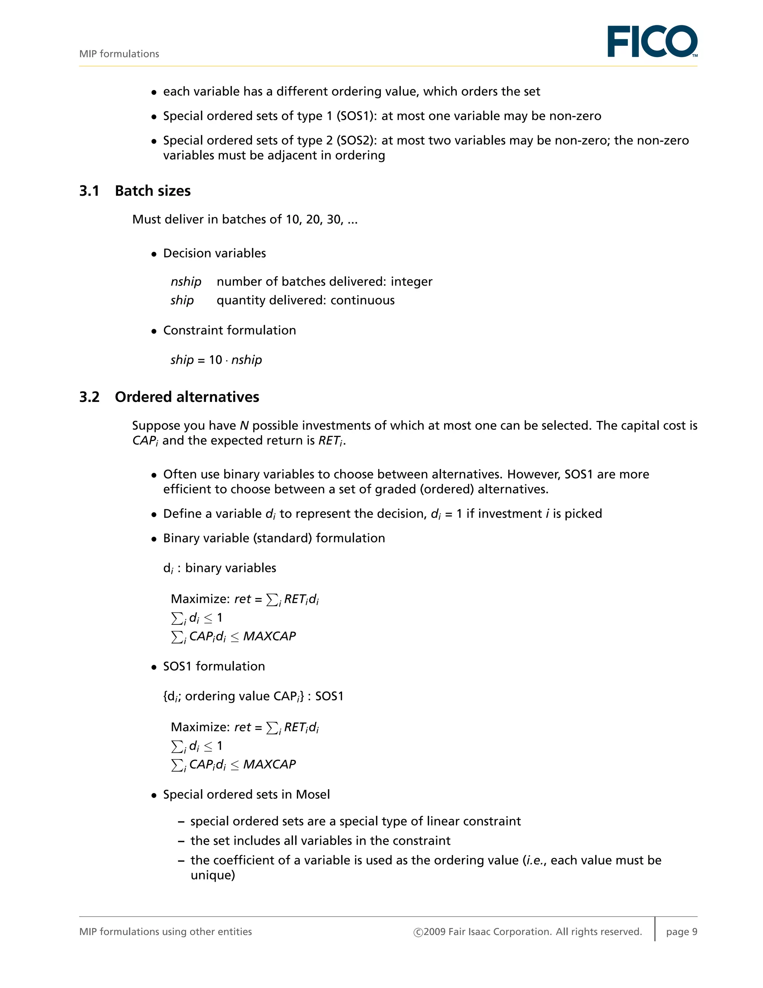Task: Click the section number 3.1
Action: click(x=89, y=191)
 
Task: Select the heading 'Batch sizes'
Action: click(x=153, y=191)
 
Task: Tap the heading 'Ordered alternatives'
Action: click(x=187, y=397)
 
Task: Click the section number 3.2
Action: click(x=89, y=397)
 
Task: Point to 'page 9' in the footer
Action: click(x=681, y=931)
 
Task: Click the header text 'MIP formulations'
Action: click(x=119, y=54)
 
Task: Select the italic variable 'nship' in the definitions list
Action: click(x=186, y=282)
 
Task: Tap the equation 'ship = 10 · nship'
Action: click(x=216, y=360)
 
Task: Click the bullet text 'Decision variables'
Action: click(x=214, y=253)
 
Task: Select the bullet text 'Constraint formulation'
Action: click(x=229, y=330)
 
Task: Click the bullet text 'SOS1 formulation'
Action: click(x=214, y=666)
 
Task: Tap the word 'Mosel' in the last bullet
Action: click(x=313, y=795)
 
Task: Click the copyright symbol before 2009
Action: click(x=418, y=932)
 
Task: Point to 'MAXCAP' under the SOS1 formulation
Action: click(x=269, y=765)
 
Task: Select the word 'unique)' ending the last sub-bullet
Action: click(x=212, y=875)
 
